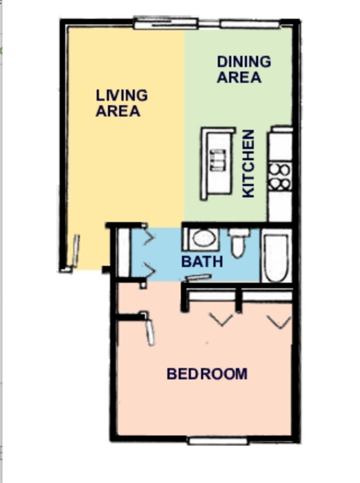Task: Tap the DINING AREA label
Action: click(244, 69)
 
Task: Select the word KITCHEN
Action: click(249, 164)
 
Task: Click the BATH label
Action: click(202, 262)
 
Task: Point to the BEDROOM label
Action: click(207, 374)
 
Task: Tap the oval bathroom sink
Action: click(203, 238)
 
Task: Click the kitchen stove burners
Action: click(280, 176)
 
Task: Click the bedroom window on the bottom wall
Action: click(218, 441)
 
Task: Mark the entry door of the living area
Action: click(75, 251)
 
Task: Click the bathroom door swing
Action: click(198, 277)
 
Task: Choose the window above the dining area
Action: click(250, 24)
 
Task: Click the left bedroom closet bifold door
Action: click(221, 319)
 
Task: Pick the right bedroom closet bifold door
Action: click(279, 320)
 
